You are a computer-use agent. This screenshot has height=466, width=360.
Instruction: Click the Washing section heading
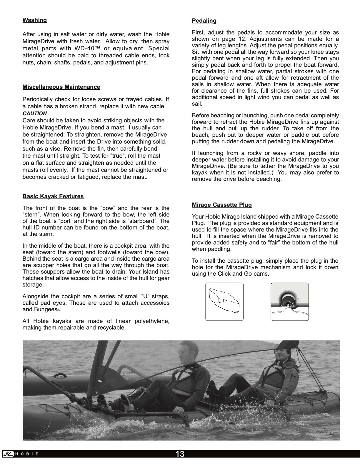(35, 20)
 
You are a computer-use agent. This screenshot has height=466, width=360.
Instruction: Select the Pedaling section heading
(204, 21)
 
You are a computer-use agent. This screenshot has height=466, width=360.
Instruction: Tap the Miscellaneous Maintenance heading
(61, 87)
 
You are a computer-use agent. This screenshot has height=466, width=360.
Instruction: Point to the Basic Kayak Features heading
(53, 197)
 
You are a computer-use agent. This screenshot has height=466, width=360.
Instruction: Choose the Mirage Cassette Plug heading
(222, 205)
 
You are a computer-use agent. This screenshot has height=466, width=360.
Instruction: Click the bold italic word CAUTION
(35, 114)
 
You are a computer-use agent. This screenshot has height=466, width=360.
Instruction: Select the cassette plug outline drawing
(224, 301)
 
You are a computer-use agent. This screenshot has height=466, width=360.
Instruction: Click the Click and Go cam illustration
(289, 301)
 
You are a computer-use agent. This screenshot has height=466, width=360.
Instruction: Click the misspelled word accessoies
(154, 303)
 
